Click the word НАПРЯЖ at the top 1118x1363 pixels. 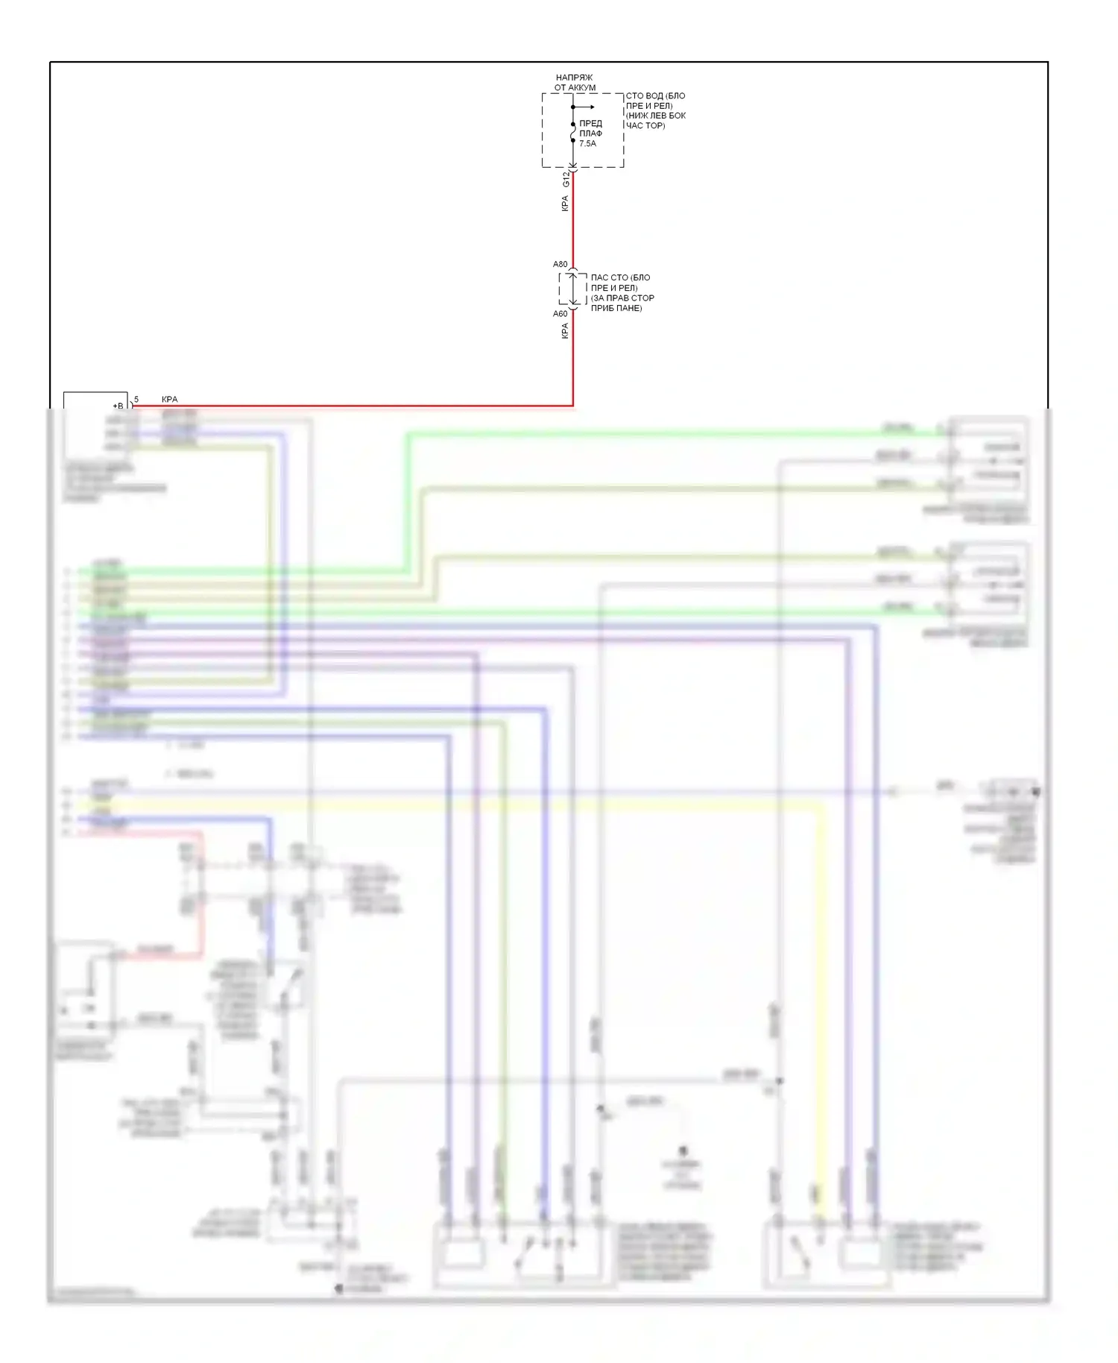[574, 78]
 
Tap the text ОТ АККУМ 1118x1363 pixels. [575, 88]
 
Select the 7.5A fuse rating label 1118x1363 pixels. [588, 143]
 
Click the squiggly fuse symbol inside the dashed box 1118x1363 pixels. [572, 134]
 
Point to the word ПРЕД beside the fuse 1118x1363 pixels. [590, 123]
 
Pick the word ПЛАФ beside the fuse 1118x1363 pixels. [590, 133]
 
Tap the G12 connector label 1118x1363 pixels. [566, 180]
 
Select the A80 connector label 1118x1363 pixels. [560, 265]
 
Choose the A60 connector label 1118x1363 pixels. [560, 314]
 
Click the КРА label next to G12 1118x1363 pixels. [565, 204]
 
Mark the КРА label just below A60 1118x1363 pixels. [565, 331]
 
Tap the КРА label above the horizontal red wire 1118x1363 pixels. [170, 400]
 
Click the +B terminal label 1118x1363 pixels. [118, 406]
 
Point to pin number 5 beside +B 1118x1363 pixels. [136, 400]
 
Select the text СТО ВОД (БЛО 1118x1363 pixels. [655, 96]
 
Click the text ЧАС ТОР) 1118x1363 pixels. [645, 126]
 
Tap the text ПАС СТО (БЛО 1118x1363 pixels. [620, 277]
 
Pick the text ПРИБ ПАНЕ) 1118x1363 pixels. [616, 308]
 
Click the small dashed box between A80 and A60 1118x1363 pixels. [572, 289]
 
